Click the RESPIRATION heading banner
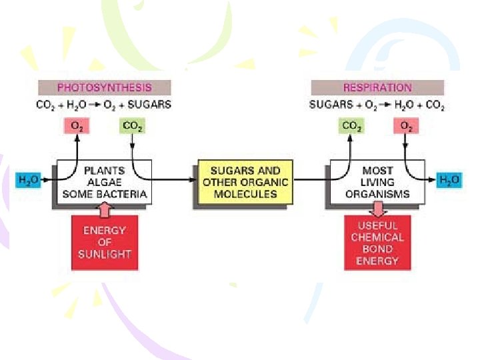point(377,87)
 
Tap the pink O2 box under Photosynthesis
point(77,126)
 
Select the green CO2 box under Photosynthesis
point(132,126)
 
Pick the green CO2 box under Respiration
point(351,126)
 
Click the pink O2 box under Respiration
point(405,126)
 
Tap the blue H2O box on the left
point(28,179)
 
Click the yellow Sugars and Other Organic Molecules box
point(245,182)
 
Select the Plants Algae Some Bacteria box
point(105,182)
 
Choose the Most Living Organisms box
point(377,182)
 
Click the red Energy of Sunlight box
point(105,242)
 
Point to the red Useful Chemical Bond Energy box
point(377,243)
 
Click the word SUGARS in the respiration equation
point(327,105)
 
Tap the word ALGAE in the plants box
point(105,182)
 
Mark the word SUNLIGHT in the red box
point(105,254)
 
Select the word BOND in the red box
point(377,249)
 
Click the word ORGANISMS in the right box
point(377,194)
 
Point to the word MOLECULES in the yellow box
point(245,194)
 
